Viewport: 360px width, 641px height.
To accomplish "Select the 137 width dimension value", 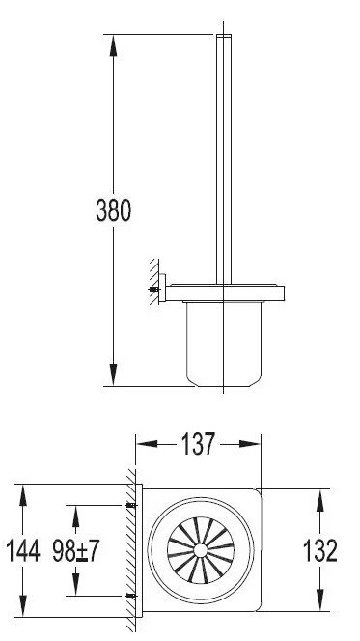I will point(198,444).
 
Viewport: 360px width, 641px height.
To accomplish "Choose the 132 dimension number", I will point(320,552).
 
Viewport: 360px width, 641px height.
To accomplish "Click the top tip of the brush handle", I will point(223,37).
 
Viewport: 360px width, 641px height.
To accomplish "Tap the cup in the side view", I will point(223,343).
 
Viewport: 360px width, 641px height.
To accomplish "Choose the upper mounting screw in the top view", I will point(132,506).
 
